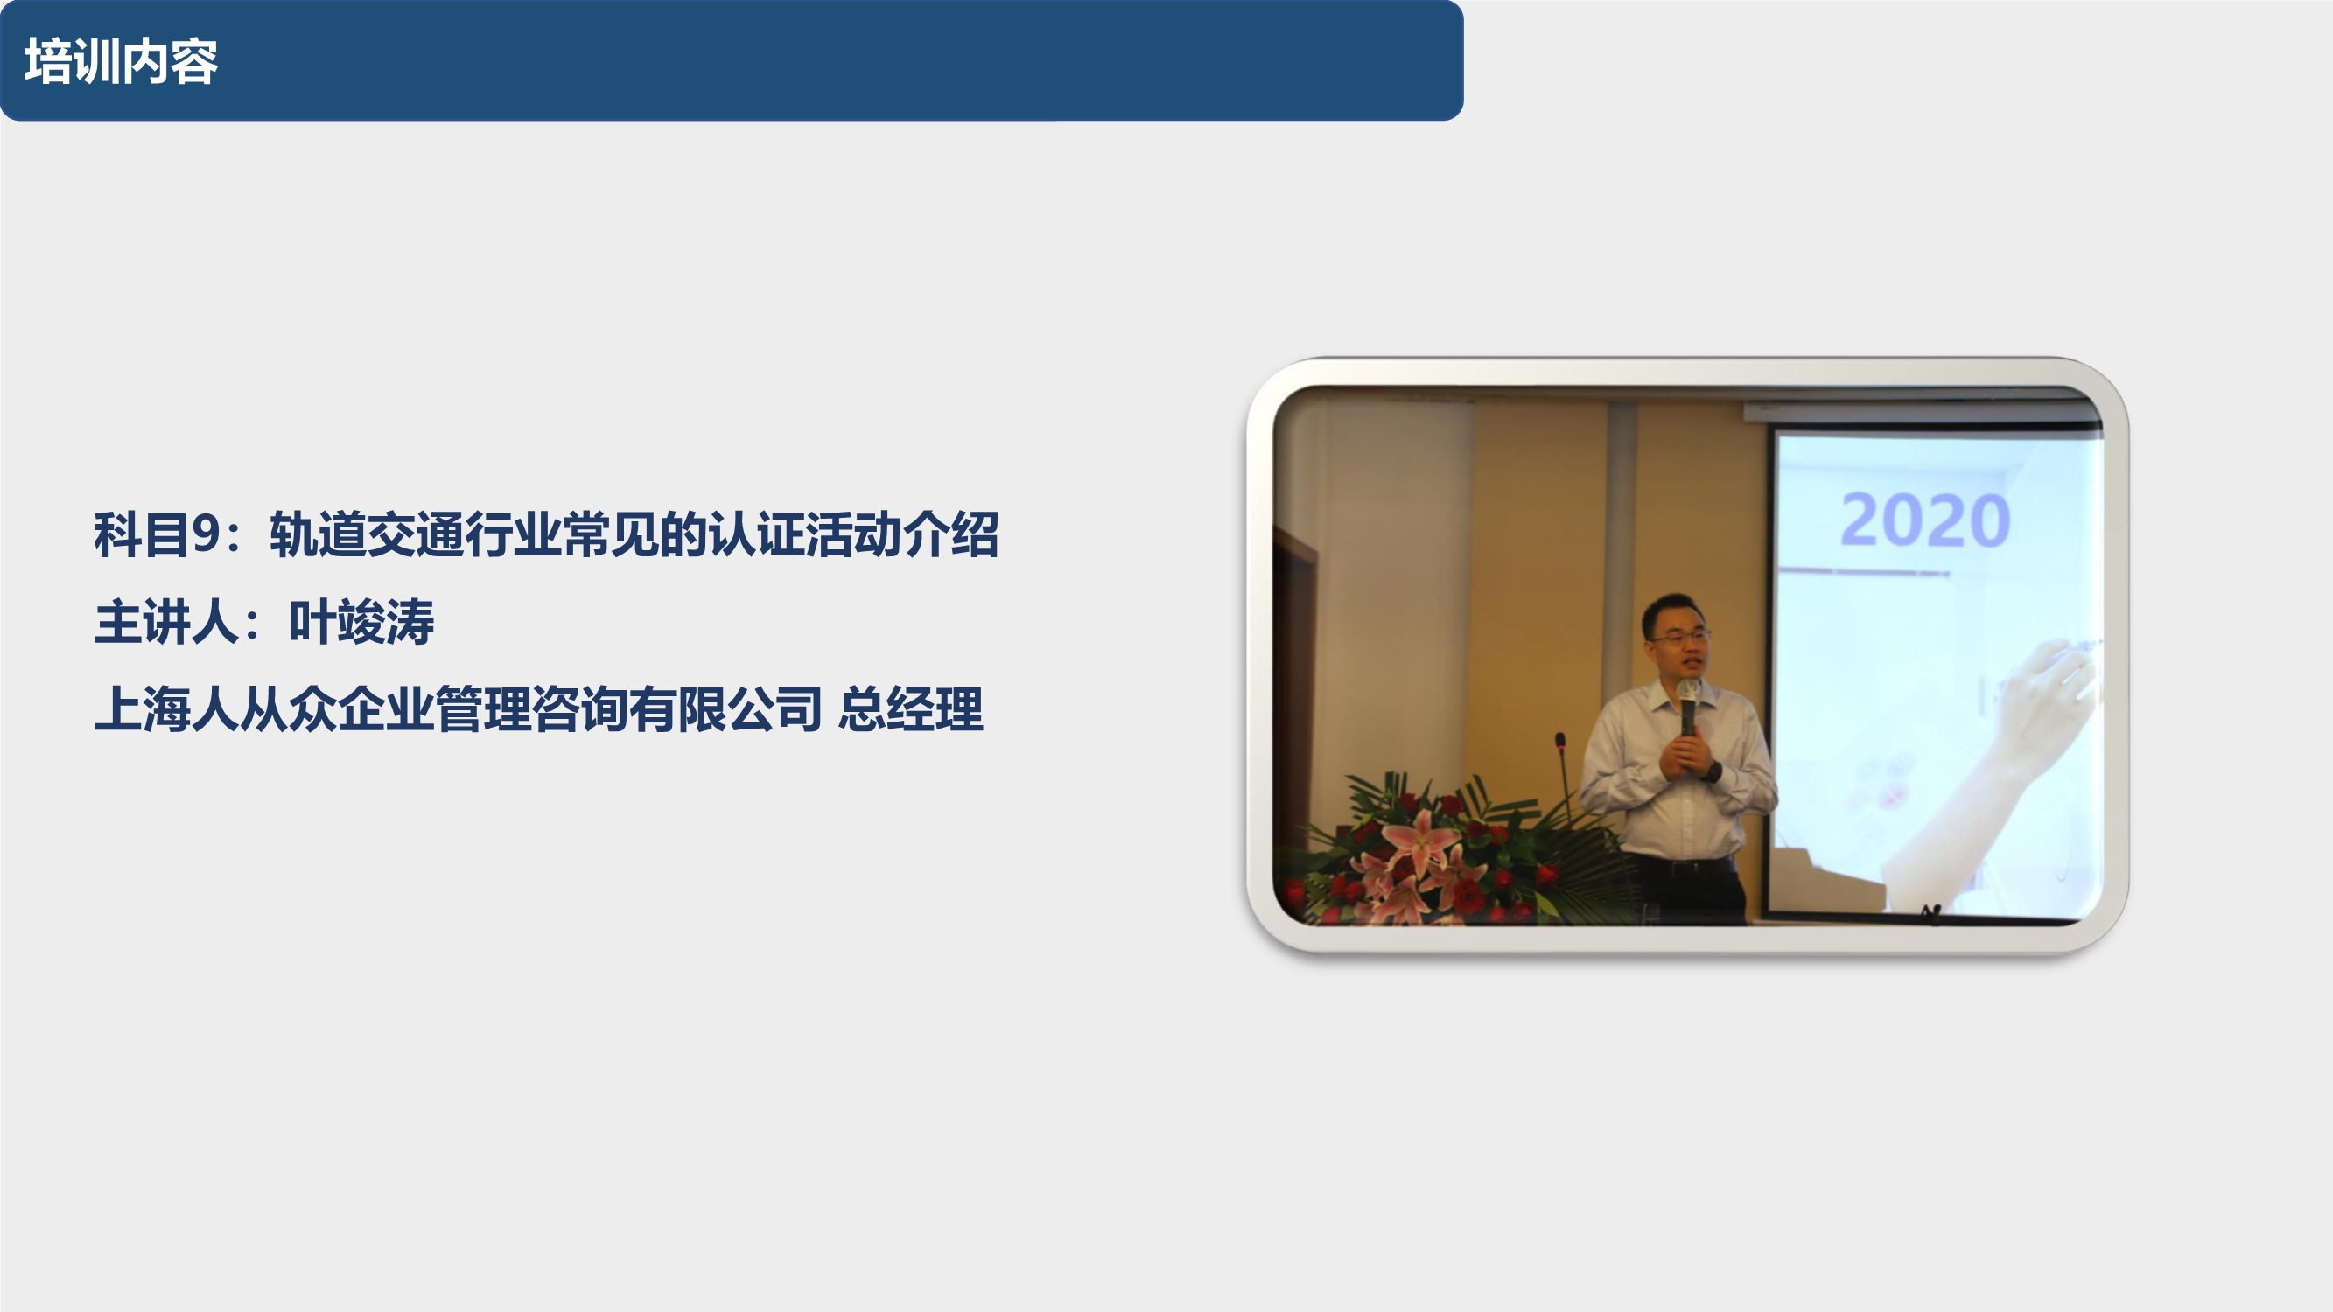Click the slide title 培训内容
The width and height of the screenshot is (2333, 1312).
point(121,61)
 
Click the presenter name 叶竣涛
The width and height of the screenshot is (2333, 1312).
point(361,622)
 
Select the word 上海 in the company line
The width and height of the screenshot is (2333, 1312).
point(141,709)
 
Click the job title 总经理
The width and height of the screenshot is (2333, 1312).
point(910,709)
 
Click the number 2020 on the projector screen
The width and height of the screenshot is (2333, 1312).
point(1925,520)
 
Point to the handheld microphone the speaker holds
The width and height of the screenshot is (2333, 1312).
point(1688,705)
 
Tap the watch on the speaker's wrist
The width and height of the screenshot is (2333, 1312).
point(1712,771)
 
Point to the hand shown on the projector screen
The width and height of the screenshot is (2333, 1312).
point(2047,697)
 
